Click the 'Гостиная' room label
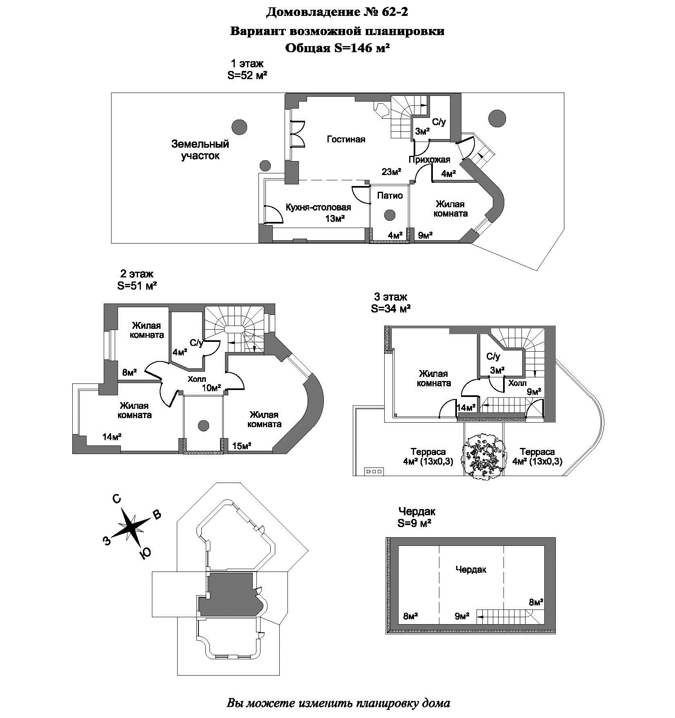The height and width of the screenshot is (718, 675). click(346, 140)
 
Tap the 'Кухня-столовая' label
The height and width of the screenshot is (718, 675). click(318, 207)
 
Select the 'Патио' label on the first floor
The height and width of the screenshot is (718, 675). click(390, 196)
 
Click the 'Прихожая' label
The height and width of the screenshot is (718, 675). click(429, 160)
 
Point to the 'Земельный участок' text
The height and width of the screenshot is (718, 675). click(200, 150)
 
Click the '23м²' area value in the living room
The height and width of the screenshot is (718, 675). click(391, 172)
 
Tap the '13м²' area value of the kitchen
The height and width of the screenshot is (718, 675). click(335, 219)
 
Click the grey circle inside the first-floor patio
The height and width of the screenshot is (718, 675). click(390, 215)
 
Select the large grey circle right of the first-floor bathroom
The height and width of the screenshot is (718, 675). click(497, 119)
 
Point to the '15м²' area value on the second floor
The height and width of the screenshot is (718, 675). click(242, 446)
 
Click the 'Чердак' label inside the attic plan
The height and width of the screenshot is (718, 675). click(471, 570)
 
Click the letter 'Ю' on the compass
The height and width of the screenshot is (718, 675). click(145, 552)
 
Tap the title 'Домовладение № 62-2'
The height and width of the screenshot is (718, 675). click(337, 13)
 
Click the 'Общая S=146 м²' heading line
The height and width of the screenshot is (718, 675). click(337, 48)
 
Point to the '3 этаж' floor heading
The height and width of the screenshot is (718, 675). click(391, 297)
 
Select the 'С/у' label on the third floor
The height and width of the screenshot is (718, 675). click(493, 357)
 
